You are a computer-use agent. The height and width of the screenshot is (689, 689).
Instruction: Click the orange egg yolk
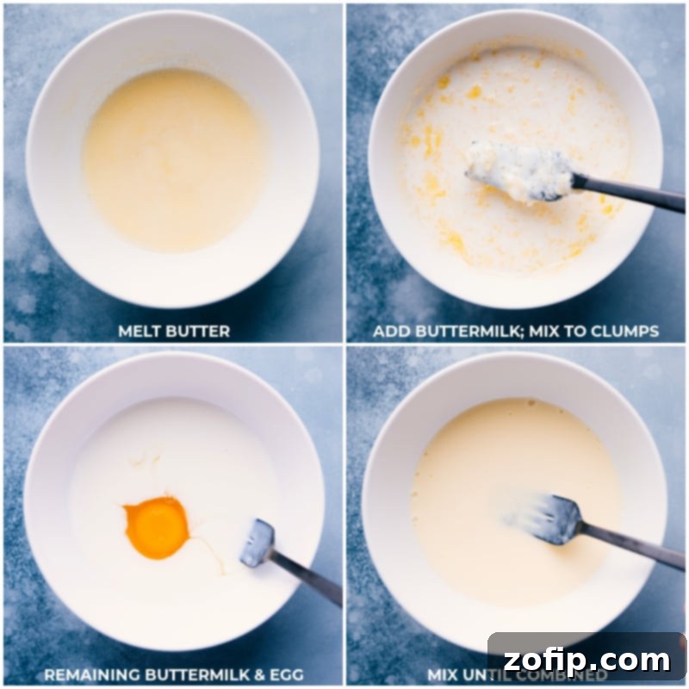(156, 527)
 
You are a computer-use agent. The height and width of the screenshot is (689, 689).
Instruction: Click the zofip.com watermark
(587, 661)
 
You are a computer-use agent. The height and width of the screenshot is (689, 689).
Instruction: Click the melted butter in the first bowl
(173, 159)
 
